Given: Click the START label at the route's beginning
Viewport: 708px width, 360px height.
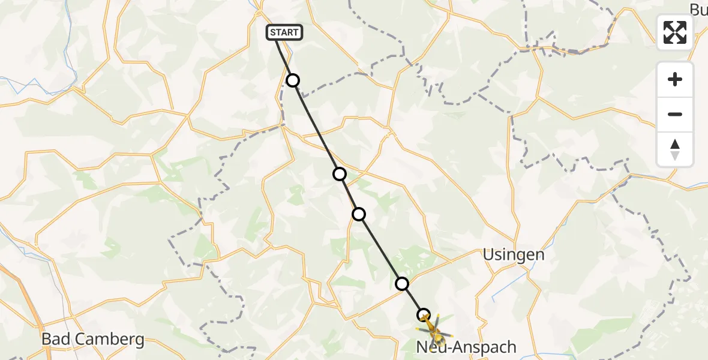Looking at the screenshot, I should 284,32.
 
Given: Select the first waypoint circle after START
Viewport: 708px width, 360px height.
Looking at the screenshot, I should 292,80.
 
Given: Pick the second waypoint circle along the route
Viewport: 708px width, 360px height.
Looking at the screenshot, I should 340,174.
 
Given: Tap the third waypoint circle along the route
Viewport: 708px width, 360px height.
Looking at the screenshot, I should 359,214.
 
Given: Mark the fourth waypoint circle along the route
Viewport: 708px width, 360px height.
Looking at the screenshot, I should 402,284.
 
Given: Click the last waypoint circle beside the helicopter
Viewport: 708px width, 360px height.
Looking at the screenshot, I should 424,315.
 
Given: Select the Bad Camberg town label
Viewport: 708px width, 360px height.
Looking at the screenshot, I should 93,340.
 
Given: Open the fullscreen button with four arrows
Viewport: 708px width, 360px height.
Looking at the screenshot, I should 675,32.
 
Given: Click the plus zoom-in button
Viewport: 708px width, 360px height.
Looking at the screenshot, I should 675,79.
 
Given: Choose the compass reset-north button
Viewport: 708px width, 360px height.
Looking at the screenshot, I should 675,149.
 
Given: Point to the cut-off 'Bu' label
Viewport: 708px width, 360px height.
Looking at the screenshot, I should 698,10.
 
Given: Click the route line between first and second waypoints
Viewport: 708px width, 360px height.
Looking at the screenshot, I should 316,127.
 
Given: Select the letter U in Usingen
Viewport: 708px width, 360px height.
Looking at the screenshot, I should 489,255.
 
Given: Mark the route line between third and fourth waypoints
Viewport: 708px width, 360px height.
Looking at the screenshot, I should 380,249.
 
